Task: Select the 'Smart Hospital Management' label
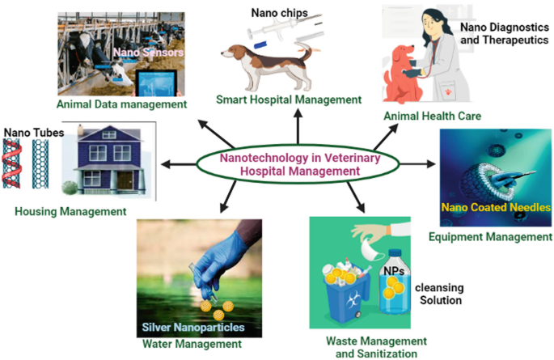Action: [x=288, y=100]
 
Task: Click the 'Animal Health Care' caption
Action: [x=433, y=116]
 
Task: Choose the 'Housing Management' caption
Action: [x=70, y=212]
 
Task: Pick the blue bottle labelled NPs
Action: [x=396, y=283]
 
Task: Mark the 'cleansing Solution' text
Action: [x=439, y=294]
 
